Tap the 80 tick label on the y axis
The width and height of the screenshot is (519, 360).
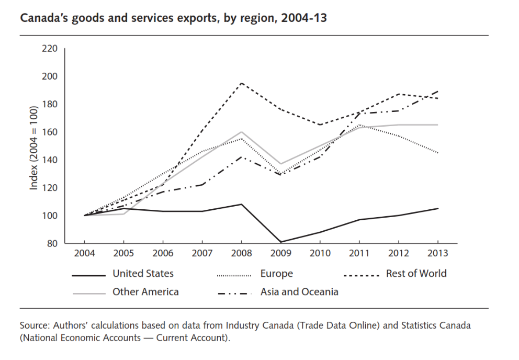coord(51,243)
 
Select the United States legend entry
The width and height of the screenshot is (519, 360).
coord(143,274)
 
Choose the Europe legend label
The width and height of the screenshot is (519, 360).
coord(276,274)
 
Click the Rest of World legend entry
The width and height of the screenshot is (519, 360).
coord(416,274)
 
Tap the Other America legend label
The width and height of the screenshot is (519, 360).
coord(145,292)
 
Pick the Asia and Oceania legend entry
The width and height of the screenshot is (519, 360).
coord(299,292)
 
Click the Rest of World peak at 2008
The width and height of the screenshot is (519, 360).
coord(242,83)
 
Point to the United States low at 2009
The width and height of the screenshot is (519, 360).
coord(281,242)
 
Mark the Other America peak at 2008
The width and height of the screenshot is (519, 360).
coord(242,132)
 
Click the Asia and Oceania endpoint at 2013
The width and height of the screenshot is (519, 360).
coord(438,91)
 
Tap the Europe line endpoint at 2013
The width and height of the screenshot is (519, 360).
coord(438,153)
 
